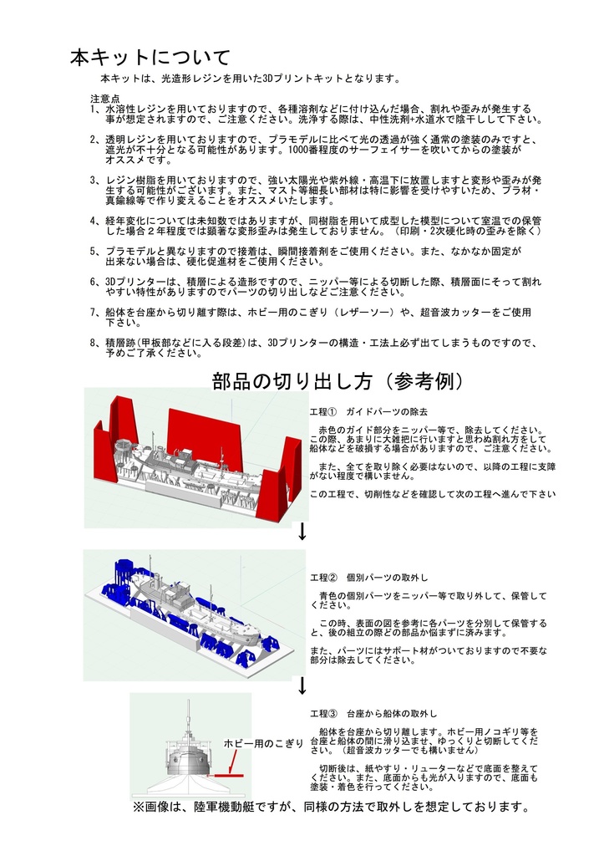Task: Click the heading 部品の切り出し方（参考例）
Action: pos(338,381)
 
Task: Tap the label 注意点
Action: pos(104,99)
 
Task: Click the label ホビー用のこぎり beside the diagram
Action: pos(262,742)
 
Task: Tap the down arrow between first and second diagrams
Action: pos(302,531)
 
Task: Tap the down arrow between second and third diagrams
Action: pos(302,685)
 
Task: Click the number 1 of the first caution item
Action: pos(93,110)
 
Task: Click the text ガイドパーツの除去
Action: pos(388,413)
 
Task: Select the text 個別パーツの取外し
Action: pos(387,578)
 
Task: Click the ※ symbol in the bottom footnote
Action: pos(138,808)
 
